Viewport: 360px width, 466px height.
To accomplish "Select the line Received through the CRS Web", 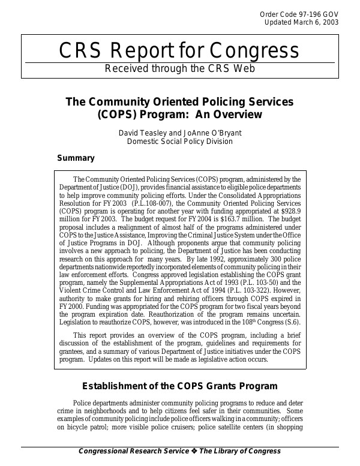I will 180,68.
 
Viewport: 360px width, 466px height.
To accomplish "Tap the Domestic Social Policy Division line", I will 180,142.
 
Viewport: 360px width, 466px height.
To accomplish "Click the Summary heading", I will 76,158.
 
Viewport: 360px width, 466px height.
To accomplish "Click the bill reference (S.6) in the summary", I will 292,321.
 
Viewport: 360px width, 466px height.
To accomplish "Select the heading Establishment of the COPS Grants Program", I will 179,386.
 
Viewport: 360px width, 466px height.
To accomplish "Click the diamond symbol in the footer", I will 195,451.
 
